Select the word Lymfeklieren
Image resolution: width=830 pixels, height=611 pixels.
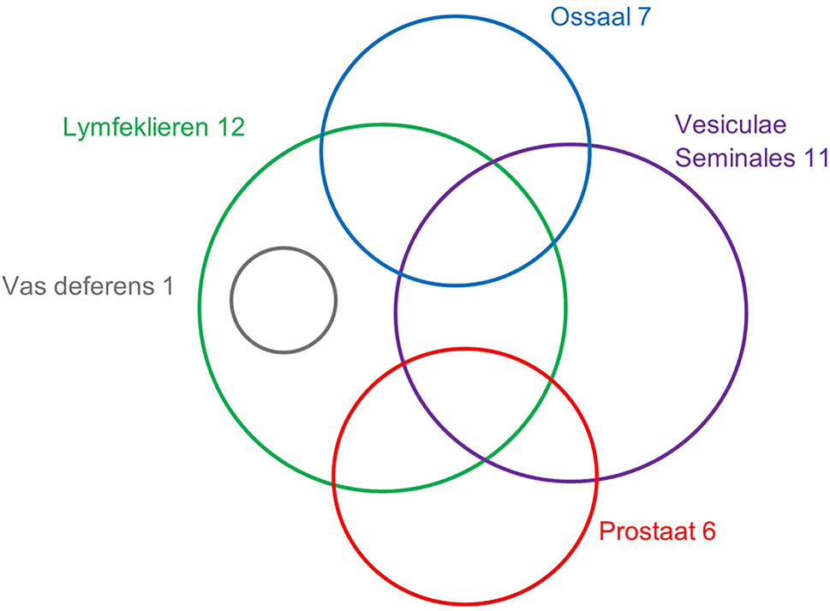[129, 128]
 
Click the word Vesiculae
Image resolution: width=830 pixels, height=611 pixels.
[730, 124]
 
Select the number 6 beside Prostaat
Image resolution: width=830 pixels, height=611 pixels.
[708, 531]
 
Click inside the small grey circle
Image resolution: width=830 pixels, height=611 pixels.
[284, 300]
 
